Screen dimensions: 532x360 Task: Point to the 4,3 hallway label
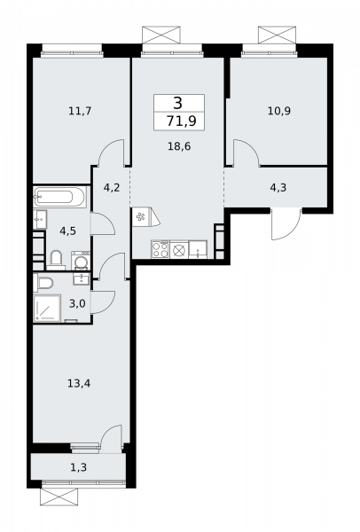coord(278,187)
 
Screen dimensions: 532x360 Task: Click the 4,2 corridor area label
coord(111,187)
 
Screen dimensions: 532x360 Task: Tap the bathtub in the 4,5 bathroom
coord(59,196)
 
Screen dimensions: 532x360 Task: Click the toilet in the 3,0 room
coord(44,281)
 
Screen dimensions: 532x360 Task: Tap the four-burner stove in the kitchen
coord(160,250)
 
